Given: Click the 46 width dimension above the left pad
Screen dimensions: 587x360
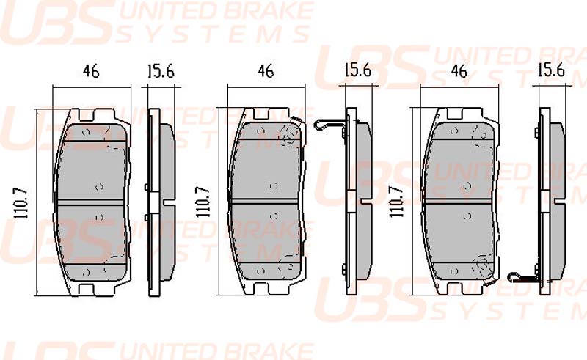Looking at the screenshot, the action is click(x=91, y=71).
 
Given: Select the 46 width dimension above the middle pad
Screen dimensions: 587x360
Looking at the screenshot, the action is click(x=266, y=71).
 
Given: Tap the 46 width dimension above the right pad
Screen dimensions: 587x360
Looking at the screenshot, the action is click(x=459, y=71).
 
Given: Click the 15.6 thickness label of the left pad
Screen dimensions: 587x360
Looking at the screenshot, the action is click(x=161, y=71).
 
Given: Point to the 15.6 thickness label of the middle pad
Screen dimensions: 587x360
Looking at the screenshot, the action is click(x=358, y=70).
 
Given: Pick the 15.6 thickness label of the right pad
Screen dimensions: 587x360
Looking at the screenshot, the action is click(x=551, y=70).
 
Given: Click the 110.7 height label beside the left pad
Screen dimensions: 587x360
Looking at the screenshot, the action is click(x=22, y=203).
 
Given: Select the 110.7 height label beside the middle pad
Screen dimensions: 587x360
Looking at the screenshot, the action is click(x=203, y=202).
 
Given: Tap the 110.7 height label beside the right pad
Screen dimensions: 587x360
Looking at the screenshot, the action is click(x=396, y=202).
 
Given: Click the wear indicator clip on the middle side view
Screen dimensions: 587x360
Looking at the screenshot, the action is click(x=330, y=125).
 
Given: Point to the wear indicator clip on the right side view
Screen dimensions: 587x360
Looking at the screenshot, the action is click(x=523, y=277).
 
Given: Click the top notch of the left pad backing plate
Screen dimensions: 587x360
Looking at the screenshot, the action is click(x=87, y=114).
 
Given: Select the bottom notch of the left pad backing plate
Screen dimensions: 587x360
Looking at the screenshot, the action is click(x=86, y=290).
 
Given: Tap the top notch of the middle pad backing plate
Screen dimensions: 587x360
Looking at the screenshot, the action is click(x=262, y=114).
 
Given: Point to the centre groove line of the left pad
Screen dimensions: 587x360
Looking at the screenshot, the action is click(x=90, y=202).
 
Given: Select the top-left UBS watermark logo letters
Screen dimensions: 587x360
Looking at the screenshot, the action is click(x=57, y=23).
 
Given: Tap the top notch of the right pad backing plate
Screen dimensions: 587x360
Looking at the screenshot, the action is click(x=455, y=114).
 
